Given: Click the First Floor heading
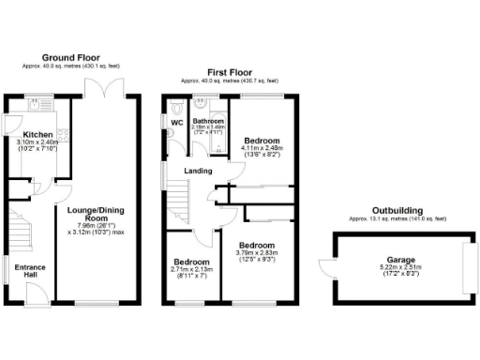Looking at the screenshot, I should pos(230,70).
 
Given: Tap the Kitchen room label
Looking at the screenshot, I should pos(37,134).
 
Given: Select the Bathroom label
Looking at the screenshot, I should pos(208,120).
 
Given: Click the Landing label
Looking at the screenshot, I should pos(198,171).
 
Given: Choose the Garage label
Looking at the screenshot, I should pos(400,260).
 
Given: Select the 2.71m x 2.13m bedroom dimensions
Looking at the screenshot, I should pos(190,268).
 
